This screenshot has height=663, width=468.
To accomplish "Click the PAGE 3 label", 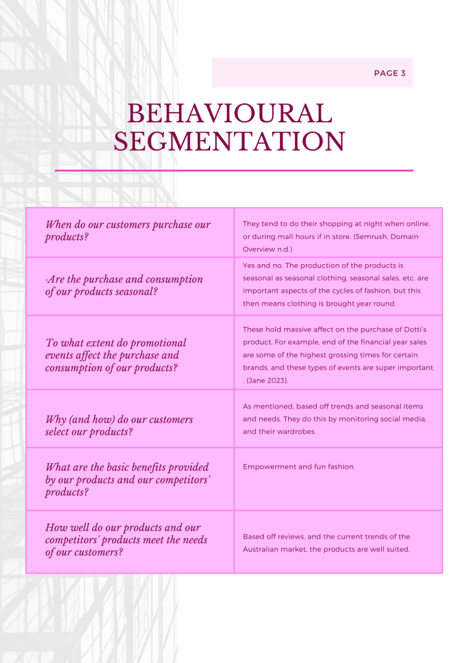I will (390, 73).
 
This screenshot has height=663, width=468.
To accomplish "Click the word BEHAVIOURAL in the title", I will (229, 114).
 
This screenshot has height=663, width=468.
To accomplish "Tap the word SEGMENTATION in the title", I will (229, 142).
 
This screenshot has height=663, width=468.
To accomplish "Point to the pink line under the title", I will (234, 170).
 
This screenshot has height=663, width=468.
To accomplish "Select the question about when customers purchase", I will (128, 230).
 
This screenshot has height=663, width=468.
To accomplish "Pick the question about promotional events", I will (116, 355).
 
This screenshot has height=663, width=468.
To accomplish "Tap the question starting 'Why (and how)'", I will (119, 425).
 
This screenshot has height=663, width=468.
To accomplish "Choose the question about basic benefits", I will (127, 479).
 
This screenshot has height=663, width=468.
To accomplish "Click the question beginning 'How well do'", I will (126, 540).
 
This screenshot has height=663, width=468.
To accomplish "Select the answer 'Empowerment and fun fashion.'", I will (299, 466).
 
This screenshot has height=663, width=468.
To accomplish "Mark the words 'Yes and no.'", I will (263, 265).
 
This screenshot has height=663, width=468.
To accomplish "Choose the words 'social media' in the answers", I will (403, 419).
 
